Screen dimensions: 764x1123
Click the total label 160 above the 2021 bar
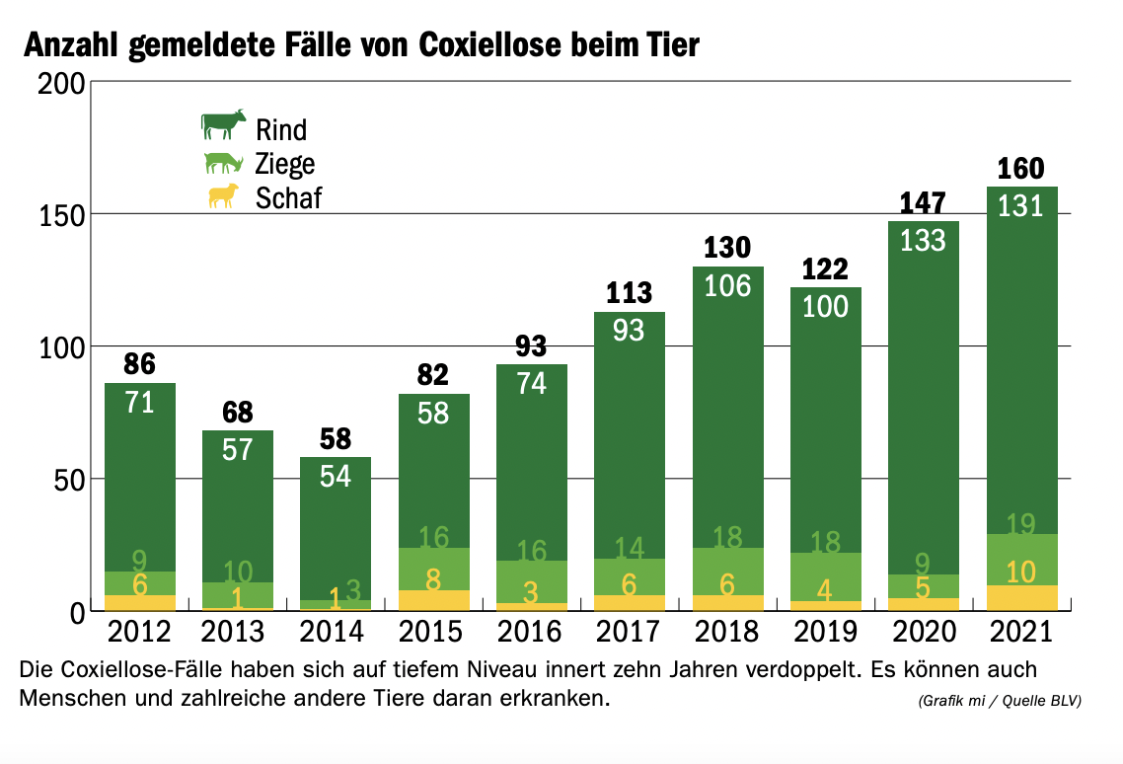(x=1020, y=168)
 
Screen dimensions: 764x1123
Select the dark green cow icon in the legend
(x=223, y=125)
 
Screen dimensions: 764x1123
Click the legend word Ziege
(x=285, y=164)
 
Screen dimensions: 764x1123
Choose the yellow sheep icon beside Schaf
(x=223, y=195)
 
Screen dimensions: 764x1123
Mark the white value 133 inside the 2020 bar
(x=923, y=240)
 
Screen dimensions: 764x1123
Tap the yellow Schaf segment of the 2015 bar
(x=433, y=600)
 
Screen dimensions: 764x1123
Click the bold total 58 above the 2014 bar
(x=336, y=438)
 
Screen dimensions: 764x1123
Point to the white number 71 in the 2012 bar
(x=139, y=402)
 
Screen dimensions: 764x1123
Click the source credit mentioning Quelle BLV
(x=999, y=701)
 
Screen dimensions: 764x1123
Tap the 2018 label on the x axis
(x=727, y=631)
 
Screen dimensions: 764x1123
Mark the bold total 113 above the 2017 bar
(x=629, y=292)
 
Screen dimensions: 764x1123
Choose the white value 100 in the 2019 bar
(x=825, y=307)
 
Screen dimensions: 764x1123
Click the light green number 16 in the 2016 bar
(x=532, y=549)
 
